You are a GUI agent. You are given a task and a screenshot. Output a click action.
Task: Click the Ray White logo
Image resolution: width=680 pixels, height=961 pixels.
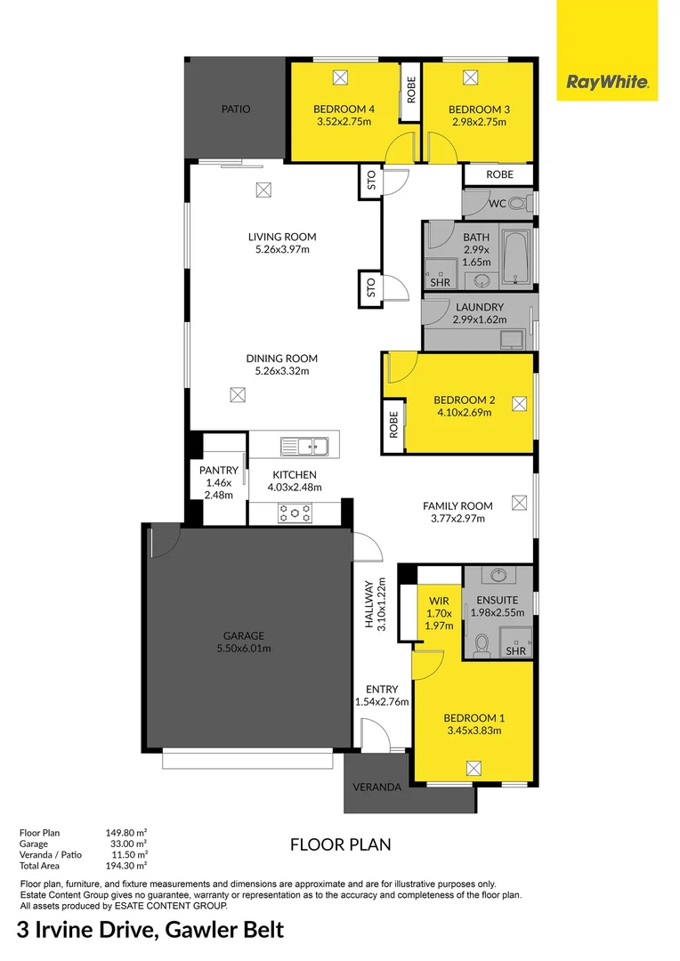click(x=607, y=83)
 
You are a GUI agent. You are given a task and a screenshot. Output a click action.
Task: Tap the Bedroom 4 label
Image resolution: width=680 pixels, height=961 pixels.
click(x=344, y=109)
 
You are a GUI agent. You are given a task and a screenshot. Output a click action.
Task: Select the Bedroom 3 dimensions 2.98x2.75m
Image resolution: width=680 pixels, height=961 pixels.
click(x=479, y=122)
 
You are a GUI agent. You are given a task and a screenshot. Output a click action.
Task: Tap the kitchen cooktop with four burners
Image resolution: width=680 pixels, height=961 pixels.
click(x=295, y=513)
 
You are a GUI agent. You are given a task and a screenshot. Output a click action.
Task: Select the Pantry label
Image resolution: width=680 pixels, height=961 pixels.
click(x=218, y=471)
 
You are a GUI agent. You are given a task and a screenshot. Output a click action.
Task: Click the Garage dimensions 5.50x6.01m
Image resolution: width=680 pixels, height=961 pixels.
click(x=243, y=649)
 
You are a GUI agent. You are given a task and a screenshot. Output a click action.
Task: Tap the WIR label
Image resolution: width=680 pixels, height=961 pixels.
click(x=439, y=601)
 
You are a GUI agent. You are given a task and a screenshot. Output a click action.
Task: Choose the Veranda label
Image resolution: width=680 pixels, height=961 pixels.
click(x=376, y=787)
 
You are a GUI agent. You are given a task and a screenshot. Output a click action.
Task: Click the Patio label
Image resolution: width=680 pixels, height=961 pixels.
click(x=236, y=109)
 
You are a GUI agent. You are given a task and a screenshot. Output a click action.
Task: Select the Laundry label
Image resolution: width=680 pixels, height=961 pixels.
click(x=479, y=307)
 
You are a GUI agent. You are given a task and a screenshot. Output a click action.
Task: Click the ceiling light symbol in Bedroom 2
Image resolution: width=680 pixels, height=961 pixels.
click(x=519, y=404)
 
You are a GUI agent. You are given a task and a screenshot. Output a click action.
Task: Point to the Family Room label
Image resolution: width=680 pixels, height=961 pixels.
click(x=457, y=505)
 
